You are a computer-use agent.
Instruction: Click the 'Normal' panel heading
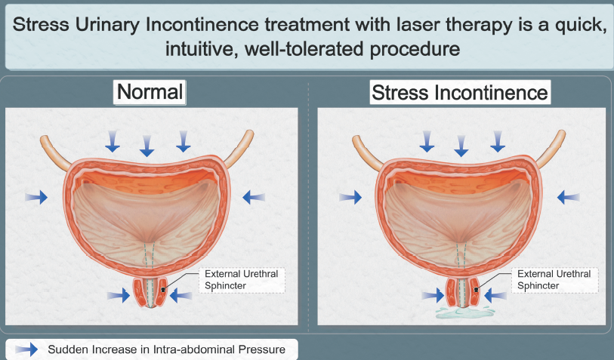tap(150, 92)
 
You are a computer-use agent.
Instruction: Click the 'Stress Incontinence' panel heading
tap(460, 93)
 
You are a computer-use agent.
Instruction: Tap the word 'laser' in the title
tap(418, 24)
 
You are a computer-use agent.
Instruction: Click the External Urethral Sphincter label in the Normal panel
tap(241, 280)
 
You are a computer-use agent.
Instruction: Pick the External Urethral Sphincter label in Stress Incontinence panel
tap(554, 280)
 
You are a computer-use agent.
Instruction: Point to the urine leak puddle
tap(464, 312)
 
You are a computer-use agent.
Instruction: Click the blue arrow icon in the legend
tap(26, 349)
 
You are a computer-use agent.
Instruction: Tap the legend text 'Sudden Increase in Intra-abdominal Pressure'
tap(166, 349)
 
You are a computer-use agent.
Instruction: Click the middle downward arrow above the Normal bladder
tap(147, 146)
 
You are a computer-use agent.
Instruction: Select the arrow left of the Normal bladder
tap(36, 197)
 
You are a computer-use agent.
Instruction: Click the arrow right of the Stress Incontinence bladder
tap(569, 197)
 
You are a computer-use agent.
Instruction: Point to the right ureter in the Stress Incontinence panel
tap(551, 148)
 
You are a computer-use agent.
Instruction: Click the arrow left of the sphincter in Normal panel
tap(119, 295)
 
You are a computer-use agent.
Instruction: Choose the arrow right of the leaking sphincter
tap(495, 294)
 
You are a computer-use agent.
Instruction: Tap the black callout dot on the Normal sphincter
tap(163, 290)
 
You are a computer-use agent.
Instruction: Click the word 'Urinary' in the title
tap(107, 24)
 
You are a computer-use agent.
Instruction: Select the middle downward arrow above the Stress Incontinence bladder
tap(461, 146)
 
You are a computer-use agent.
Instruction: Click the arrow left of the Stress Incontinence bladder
tap(350, 197)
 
